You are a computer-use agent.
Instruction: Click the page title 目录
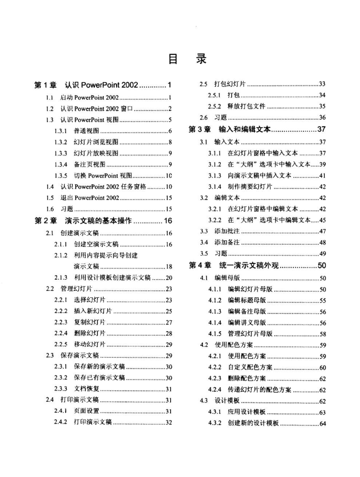point(187,59)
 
